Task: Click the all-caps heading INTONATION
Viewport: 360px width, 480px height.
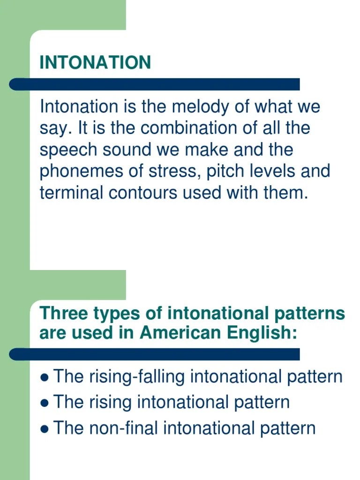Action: point(95,63)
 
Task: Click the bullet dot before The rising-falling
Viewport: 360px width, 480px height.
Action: point(45,377)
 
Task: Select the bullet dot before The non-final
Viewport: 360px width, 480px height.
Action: point(45,429)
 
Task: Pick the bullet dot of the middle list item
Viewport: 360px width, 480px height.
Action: point(45,403)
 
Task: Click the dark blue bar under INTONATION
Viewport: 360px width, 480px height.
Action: point(155,84)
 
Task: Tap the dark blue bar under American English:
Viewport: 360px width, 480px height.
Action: point(155,354)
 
